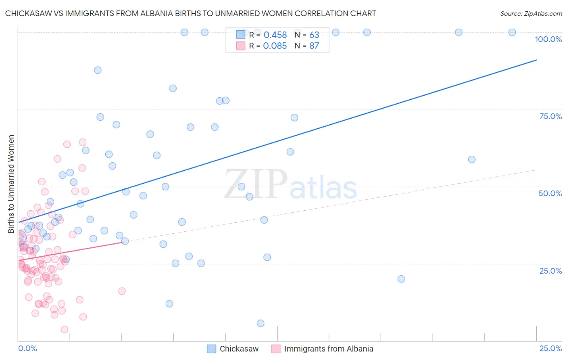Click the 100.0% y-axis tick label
click(x=548, y=39)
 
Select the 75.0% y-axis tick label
click(x=550, y=116)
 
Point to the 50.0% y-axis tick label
click(x=550, y=193)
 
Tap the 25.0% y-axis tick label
click(x=550, y=271)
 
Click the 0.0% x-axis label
click(x=27, y=348)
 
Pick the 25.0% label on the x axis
click(x=550, y=348)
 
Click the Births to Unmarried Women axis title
click(x=11, y=184)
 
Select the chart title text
click(x=190, y=13)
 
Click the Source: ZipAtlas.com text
click(x=531, y=13)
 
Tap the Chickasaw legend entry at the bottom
click(x=239, y=349)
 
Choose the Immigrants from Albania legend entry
click(x=328, y=349)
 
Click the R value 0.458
click(x=275, y=35)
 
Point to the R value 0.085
click(x=275, y=46)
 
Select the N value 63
click(x=314, y=35)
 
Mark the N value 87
click(x=314, y=46)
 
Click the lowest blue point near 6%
click(x=261, y=323)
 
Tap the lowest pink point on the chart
click(x=65, y=329)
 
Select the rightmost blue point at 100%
click(x=512, y=32)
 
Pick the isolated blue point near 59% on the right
click(x=472, y=159)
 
